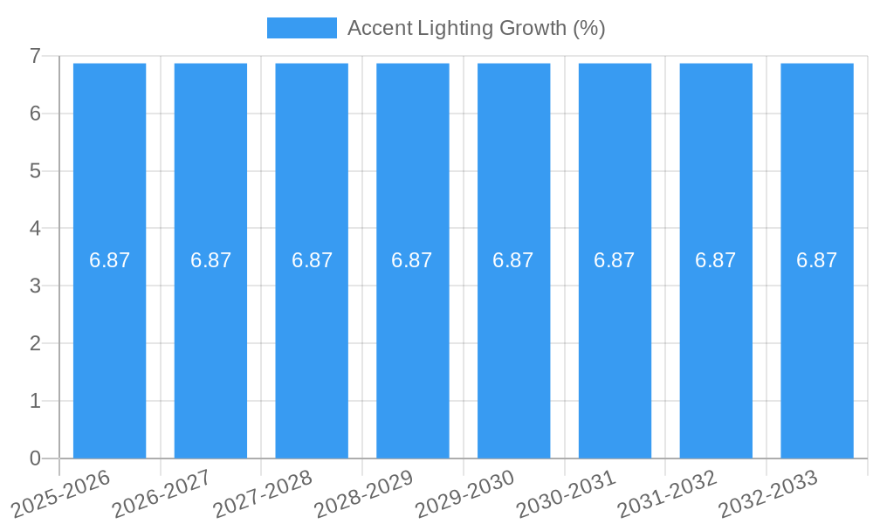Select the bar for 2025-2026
click(109, 349)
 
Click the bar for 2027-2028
click(312, 349)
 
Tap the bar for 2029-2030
click(513, 349)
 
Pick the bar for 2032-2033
click(817, 349)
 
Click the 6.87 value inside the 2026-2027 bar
click(210, 260)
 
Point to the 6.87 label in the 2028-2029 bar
click(412, 260)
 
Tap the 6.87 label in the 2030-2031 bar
click(615, 260)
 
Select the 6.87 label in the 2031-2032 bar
click(716, 260)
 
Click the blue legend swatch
click(301, 28)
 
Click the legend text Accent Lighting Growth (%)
click(476, 28)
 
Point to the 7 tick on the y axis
click(35, 56)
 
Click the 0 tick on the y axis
click(35, 458)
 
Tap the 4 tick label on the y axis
click(35, 229)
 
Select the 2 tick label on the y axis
click(35, 343)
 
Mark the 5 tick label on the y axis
click(35, 171)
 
